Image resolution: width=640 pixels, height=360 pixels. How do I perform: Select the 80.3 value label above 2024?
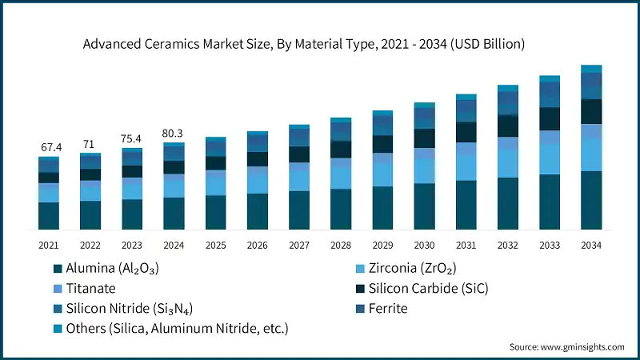click(x=174, y=133)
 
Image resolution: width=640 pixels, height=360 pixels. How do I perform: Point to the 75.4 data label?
click(x=132, y=138)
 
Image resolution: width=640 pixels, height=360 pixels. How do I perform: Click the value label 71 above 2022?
click(x=90, y=144)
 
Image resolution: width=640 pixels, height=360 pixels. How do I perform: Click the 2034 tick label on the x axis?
click(x=591, y=245)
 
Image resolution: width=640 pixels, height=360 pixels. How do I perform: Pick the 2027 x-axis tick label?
click(x=299, y=245)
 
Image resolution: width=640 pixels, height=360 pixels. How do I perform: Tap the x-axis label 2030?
click(x=424, y=245)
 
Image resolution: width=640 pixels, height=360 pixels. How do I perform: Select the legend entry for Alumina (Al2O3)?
click(x=111, y=269)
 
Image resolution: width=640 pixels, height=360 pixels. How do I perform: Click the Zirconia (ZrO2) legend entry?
click(x=413, y=269)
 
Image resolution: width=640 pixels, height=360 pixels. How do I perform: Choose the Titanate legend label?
click(x=91, y=288)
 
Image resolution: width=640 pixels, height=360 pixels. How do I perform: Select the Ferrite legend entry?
click(x=388, y=308)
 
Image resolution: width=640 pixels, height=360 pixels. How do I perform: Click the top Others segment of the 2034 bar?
click(x=591, y=69)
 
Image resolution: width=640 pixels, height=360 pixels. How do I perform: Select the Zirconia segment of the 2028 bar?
click(x=341, y=173)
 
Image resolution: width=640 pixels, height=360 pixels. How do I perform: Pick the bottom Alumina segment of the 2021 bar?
click(x=49, y=216)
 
